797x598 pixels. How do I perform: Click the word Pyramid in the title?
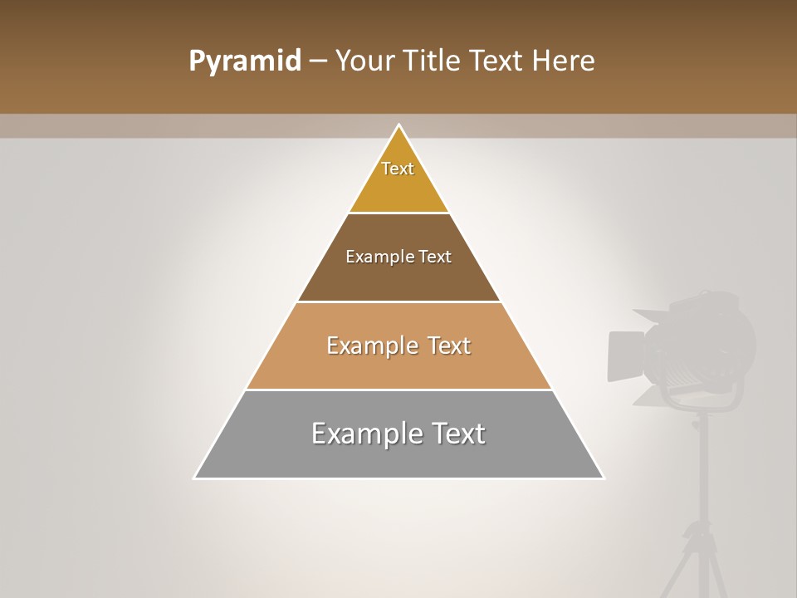tap(244, 61)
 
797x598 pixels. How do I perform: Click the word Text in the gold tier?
tap(398, 169)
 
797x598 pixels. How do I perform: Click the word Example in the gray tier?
tap(366, 434)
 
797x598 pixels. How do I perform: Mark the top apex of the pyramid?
tap(399, 125)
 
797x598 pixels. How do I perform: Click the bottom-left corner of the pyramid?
tap(195, 478)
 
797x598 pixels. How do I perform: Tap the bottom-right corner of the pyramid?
tap(603, 478)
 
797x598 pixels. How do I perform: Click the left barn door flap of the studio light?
tap(626, 355)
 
